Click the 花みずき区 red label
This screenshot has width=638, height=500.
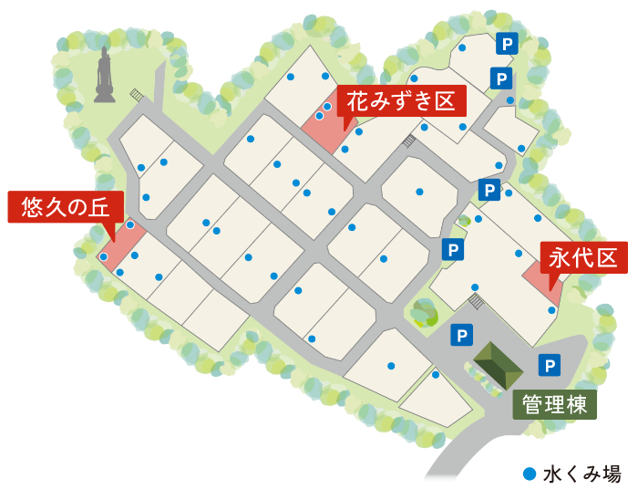click(x=401, y=100)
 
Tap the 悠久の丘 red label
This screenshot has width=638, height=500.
click(x=65, y=207)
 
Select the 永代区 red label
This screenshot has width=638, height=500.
click(x=583, y=257)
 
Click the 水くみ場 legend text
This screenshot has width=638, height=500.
click(x=581, y=474)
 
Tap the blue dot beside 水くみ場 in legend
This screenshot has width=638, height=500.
click(x=530, y=474)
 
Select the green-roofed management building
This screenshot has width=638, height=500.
click(x=498, y=364)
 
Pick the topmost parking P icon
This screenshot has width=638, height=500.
click(x=507, y=43)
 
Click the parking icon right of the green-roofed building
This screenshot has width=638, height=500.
click(x=549, y=366)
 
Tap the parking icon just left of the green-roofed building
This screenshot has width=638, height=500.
click(x=461, y=335)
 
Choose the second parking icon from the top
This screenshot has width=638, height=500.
click(x=501, y=78)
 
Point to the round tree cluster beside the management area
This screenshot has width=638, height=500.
click(x=424, y=312)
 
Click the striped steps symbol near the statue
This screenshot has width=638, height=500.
click(x=137, y=94)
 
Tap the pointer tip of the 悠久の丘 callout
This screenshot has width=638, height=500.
click(x=113, y=240)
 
